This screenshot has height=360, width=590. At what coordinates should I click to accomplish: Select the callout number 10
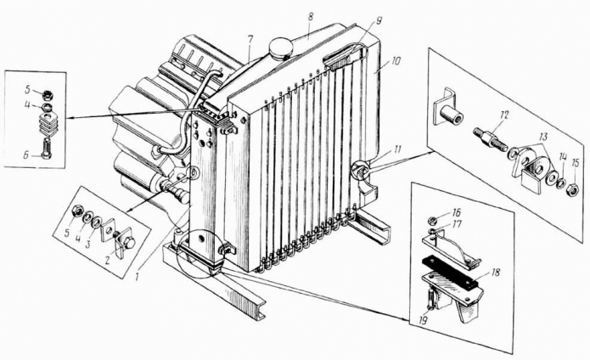tap(396, 60)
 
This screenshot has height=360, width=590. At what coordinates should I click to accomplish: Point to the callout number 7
tap(250, 39)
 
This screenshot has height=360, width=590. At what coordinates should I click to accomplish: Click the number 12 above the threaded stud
tap(504, 115)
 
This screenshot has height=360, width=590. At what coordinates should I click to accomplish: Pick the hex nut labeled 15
tap(572, 188)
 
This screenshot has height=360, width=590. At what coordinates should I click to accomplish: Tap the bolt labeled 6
tap(46, 149)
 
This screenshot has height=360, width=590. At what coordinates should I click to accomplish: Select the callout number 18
tap(496, 273)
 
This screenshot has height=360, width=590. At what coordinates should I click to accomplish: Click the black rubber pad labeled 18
tap(452, 271)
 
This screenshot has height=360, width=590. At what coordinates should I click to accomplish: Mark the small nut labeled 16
tap(433, 219)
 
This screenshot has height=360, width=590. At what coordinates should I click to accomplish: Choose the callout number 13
tap(544, 137)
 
